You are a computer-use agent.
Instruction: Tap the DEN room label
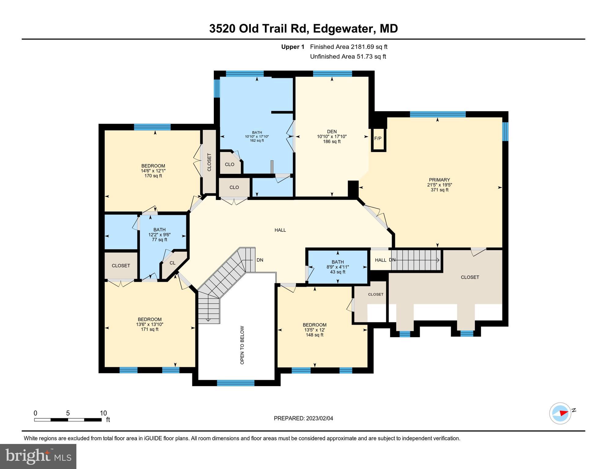pyautogui.click(x=332, y=132)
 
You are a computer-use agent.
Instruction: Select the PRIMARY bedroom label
pyautogui.click(x=439, y=180)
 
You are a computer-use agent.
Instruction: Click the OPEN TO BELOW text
pyautogui.click(x=242, y=345)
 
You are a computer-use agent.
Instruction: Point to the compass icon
pyautogui.click(x=560, y=413)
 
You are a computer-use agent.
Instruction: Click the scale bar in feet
pyautogui.click(x=68, y=420)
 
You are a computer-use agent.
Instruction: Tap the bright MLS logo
pyautogui.click(x=38, y=456)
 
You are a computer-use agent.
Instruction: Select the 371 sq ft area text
pyautogui.click(x=439, y=190)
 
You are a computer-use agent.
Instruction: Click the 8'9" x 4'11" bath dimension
pyautogui.click(x=338, y=267)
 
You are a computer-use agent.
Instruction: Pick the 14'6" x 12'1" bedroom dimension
pyautogui.click(x=153, y=171)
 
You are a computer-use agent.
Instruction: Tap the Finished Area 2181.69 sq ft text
pyautogui.click(x=349, y=47)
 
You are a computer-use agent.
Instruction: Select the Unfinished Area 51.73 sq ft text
pyautogui.click(x=348, y=56)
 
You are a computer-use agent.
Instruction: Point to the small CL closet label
pyautogui.click(x=172, y=263)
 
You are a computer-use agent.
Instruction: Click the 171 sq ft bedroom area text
pyautogui.click(x=149, y=329)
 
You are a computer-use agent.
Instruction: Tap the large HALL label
pyautogui.click(x=280, y=230)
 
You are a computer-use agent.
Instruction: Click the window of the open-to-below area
pyautogui.click(x=236, y=383)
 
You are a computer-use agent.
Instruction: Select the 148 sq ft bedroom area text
pyautogui.click(x=314, y=335)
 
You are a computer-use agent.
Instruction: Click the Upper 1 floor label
pyautogui.click(x=293, y=47)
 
